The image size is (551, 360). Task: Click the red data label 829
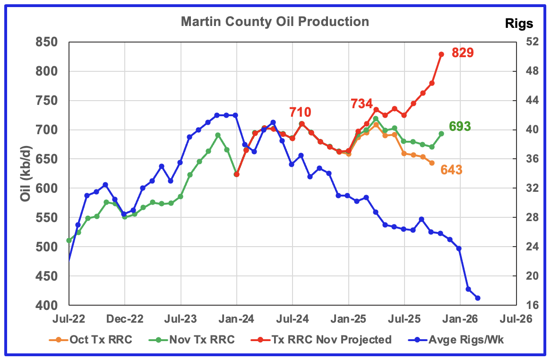click(x=463, y=53)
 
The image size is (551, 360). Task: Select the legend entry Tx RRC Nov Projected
click(x=331, y=339)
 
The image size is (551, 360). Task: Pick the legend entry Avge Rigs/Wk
click(x=462, y=339)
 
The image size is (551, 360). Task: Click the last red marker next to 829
click(x=441, y=54)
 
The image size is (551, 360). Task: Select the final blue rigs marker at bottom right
click(x=478, y=298)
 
